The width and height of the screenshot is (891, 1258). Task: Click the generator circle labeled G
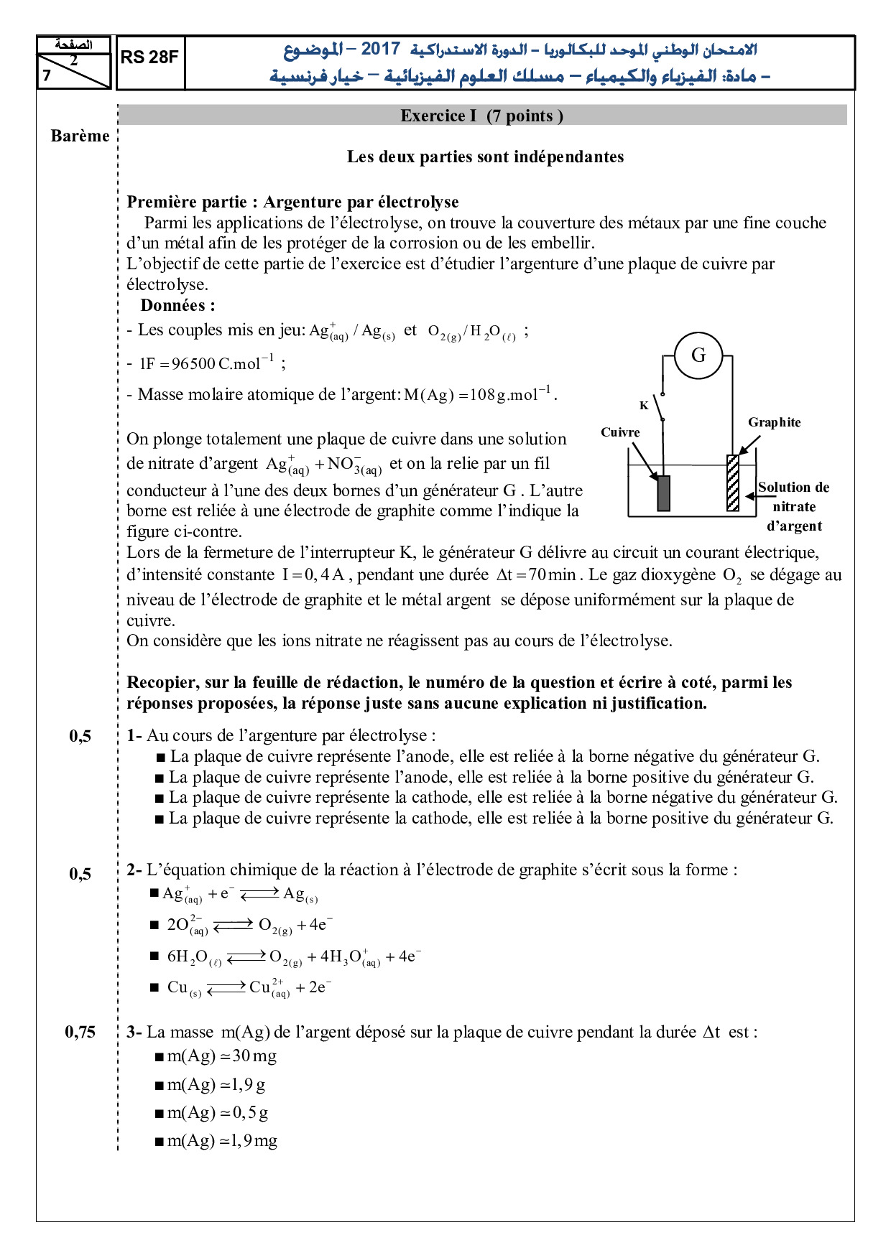(698, 355)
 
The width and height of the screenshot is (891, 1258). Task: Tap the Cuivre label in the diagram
(620, 432)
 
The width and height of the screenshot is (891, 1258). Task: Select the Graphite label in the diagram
(774, 422)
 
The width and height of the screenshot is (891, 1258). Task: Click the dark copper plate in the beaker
(663, 493)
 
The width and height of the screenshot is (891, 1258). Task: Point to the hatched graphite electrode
(733, 483)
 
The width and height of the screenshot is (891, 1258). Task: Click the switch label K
(644, 406)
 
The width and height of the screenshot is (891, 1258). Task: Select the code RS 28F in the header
(149, 57)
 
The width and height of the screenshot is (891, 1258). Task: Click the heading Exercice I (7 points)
(481, 116)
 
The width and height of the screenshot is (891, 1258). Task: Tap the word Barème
(80, 136)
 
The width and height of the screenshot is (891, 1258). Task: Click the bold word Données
(177, 305)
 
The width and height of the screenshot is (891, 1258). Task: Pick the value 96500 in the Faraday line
(193, 364)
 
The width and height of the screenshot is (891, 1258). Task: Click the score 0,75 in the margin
(80, 1032)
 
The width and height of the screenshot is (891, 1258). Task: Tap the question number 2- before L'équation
(134, 870)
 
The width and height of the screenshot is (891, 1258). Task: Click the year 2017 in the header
(380, 49)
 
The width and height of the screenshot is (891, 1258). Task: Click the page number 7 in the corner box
(47, 75)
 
